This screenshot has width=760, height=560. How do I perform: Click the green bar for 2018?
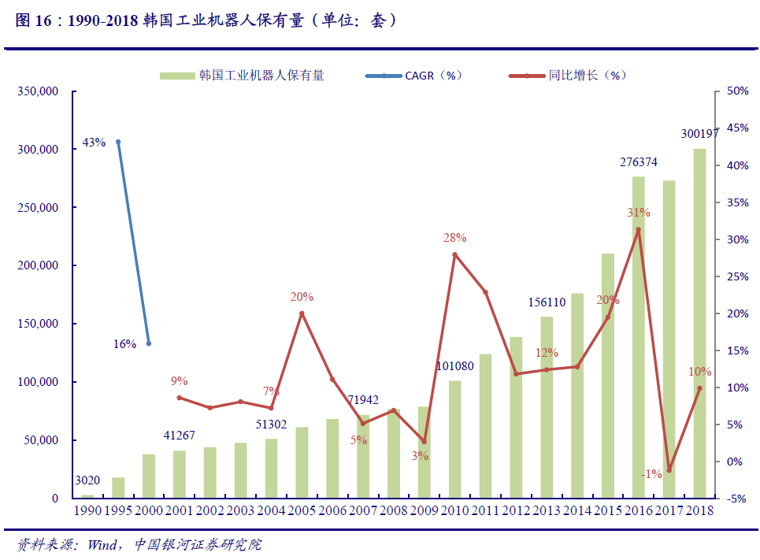tap(699, 323)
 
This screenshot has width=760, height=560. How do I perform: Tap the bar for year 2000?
tap(149, 476)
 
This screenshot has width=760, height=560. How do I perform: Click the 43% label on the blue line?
tap(94, 143)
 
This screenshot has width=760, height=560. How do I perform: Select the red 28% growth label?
tap(454, 237)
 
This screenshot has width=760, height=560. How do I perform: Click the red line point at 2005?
tap(302, 313)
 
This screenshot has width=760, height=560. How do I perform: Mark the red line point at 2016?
tap(639, 230)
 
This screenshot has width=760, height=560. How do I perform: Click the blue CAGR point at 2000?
tap(149, 343)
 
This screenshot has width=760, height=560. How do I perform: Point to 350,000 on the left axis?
tap(38, 91)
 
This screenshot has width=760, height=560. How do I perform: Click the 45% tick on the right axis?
tap(738, 128)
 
